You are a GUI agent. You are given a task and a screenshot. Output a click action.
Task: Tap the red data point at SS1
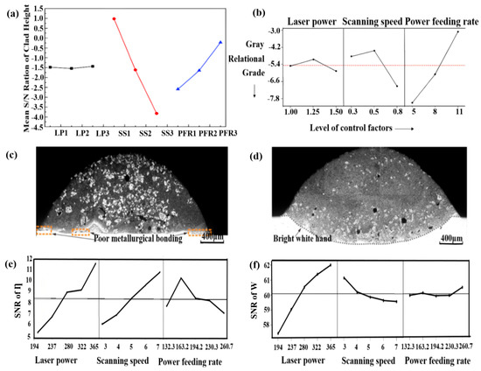[x=114, y=18]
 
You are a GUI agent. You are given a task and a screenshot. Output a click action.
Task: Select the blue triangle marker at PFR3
[x=220, y=41]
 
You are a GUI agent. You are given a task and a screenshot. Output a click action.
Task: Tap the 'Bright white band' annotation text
[x=280, y=236]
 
